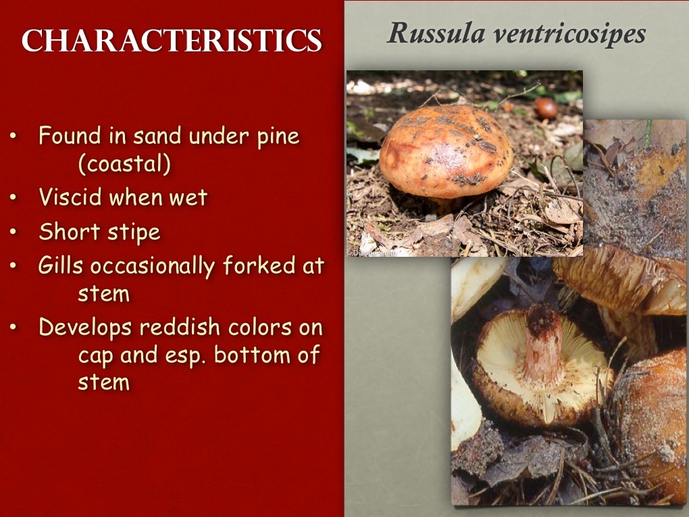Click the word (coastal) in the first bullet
pos(125,164)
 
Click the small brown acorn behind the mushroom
pos(546,107)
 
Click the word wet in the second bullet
pos(188,197)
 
